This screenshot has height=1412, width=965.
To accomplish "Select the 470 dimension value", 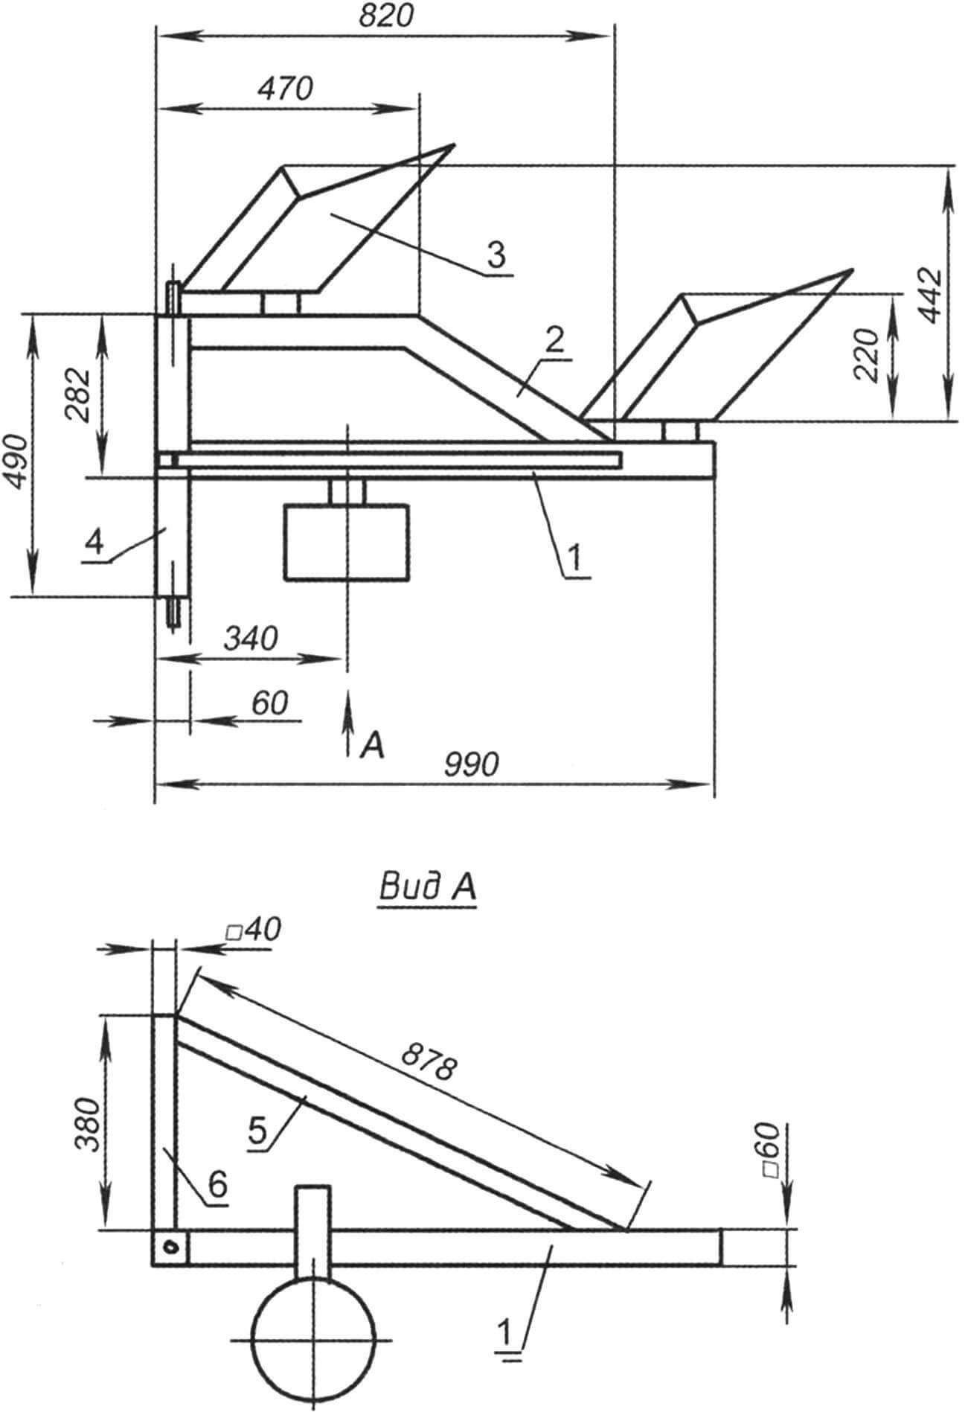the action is tap(286, 89).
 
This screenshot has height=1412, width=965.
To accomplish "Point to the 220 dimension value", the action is tap(868, 355).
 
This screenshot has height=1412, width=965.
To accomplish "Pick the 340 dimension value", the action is tap(250, 639).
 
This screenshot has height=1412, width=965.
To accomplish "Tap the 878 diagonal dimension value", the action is tap(426, 1060).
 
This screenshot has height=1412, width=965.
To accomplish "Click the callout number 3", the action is tap(496, 255).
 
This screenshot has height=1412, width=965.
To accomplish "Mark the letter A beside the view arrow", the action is tap(371, 746).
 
